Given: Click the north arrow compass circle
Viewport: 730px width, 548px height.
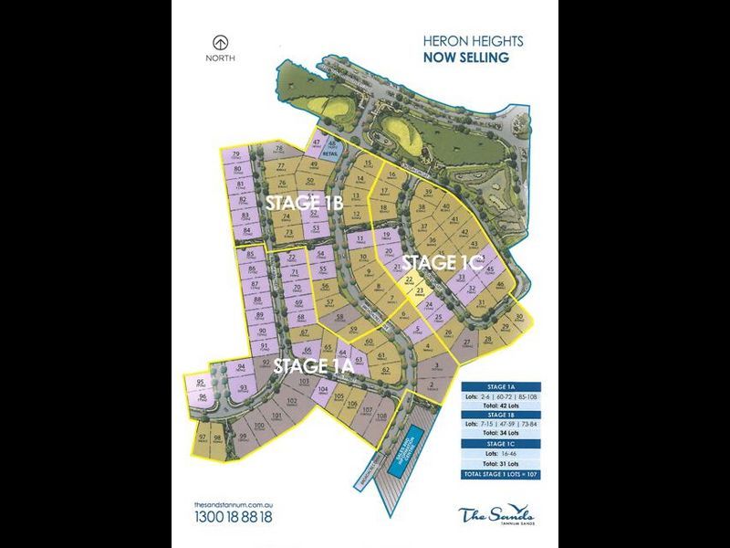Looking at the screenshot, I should point(218,42).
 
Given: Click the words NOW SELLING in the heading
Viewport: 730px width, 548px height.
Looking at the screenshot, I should point(466,58).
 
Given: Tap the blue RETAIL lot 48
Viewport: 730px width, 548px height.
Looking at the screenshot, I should point(334,150).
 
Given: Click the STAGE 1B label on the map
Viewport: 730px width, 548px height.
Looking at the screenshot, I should point(303,203).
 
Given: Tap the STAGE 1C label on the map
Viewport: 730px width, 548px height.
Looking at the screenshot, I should point(441,263).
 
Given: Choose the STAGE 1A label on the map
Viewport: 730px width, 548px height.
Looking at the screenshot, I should point(313,365).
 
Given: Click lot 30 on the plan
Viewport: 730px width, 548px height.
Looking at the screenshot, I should point(519,319).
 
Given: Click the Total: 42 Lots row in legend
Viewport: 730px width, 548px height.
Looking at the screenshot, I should point(501,405).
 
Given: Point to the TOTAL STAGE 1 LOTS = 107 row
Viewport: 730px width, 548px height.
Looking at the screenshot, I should point(501,476).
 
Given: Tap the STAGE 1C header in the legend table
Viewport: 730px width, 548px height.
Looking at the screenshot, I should point(501,444).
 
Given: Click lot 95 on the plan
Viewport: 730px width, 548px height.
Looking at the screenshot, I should point(201,384).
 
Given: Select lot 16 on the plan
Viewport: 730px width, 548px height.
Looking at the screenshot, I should point(391,175).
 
